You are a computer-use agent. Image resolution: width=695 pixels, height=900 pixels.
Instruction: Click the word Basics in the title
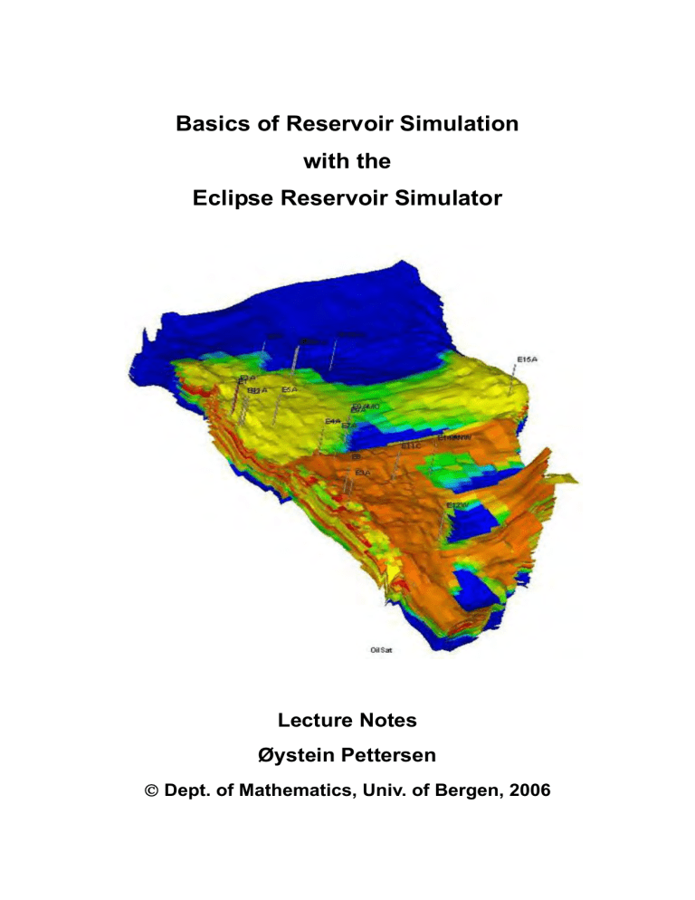click(211, 124)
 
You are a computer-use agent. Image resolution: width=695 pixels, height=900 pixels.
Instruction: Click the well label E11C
click(412, 446)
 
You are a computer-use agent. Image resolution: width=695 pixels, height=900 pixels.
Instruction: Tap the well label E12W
click(457, 504)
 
